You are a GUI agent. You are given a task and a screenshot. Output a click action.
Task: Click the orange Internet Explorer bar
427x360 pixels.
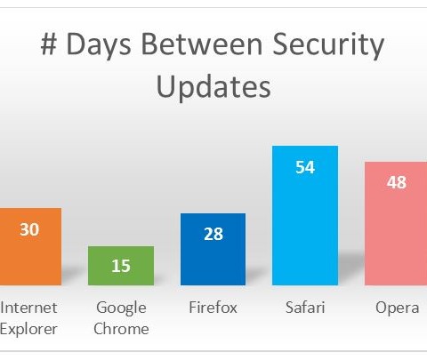point(30,246)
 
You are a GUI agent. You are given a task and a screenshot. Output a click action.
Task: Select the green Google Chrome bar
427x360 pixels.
point(121,266)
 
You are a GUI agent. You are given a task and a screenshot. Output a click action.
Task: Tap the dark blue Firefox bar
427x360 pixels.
point(213,249)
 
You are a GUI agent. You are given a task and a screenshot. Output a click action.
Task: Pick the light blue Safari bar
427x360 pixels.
point(305,215)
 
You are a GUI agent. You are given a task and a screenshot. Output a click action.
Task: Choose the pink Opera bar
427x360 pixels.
point(396,223)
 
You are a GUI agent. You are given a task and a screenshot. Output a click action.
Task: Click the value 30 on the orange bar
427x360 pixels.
point(29,229)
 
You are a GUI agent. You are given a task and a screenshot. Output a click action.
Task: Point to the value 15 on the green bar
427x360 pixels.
point(121,266)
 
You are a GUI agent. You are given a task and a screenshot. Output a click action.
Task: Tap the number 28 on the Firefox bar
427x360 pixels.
point(213,234)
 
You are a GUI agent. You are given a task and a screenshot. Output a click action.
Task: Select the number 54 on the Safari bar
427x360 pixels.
point(305,167)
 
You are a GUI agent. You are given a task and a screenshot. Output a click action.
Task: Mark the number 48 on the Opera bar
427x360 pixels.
point(397,182)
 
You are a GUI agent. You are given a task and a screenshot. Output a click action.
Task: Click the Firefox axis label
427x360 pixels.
point(213,308)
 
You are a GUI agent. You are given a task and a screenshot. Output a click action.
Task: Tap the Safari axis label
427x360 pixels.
point(305,308)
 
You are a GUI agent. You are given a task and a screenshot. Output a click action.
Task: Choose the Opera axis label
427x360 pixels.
point(398,308)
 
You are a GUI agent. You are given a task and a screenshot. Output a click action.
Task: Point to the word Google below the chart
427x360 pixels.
point(121,308)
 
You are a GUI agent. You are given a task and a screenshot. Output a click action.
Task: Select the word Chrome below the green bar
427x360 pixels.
point(121,329)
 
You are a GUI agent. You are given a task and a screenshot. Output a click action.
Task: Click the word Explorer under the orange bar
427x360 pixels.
point(28,330)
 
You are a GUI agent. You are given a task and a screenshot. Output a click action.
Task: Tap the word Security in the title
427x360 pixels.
point(328,45)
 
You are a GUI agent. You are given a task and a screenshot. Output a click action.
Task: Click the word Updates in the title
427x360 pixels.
point(213,87)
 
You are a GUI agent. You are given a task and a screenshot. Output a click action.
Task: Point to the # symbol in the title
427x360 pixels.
point(49,44)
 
